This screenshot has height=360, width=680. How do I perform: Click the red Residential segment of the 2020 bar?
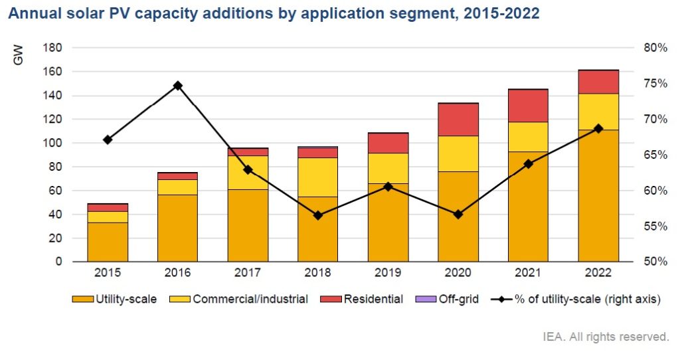pyautogui.click(x=458, y=120)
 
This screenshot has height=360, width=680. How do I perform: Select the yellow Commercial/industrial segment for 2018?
pyautogui.click(x=318, y=177)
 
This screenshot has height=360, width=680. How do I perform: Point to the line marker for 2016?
pyautogui.click(x=178, y=86)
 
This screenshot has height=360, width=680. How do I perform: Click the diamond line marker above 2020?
pyautogui.click(x=458, y=215)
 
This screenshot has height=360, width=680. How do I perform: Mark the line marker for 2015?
pyautogui.click(x=108, y=139)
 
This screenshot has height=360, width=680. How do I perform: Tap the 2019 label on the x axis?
pyautogui.click(x=388, y=273)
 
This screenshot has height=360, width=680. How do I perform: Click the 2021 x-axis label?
pyautogui.click(x=528, y=273)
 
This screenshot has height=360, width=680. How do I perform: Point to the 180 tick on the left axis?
pyautogui.click(x=53, y=48)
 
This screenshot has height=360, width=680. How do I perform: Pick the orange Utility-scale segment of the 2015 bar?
pyautogui.click(x=108, y=242)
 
